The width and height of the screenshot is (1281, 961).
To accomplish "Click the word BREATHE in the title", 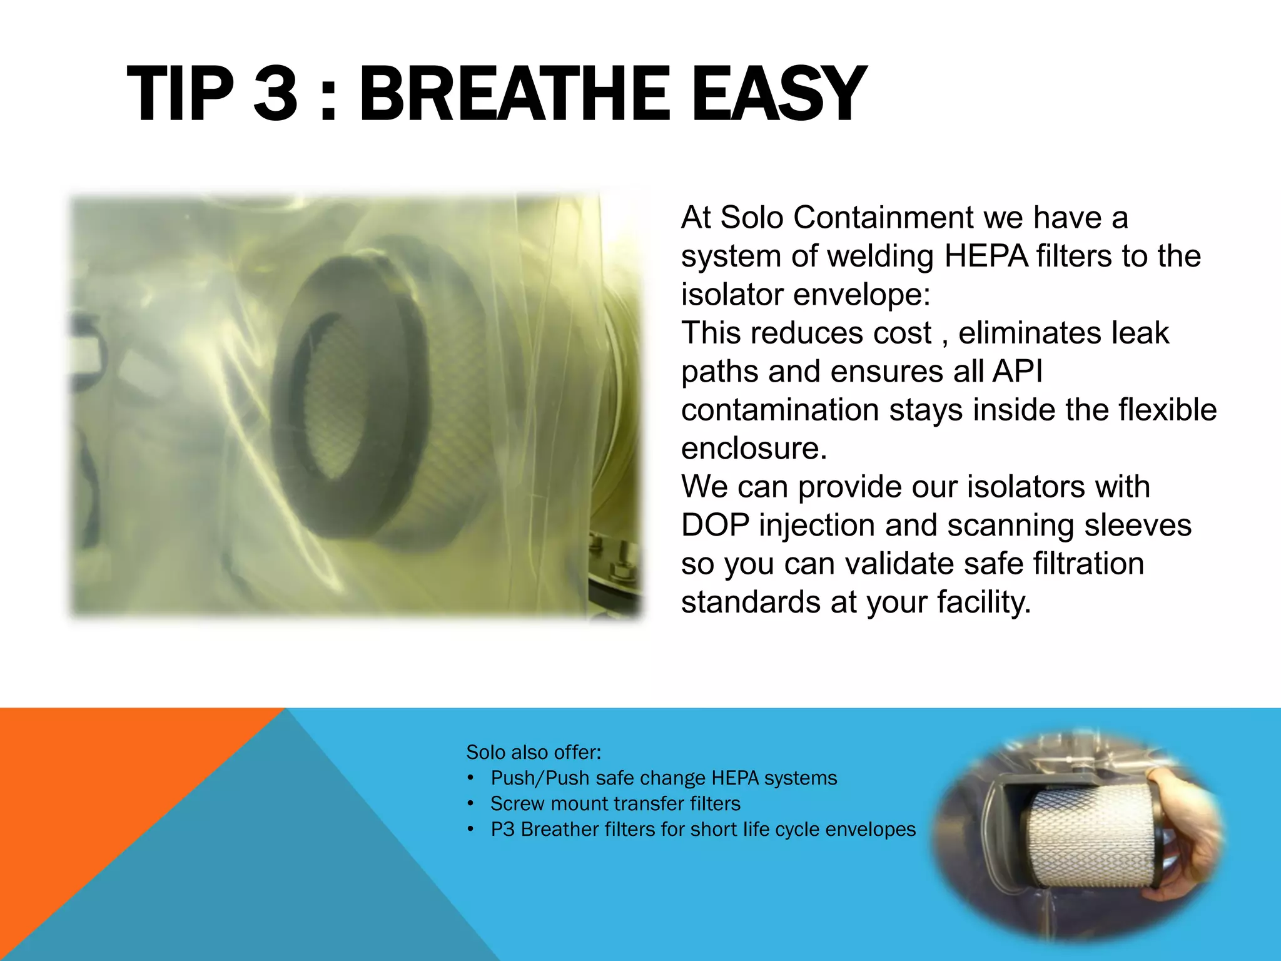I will point(514,95).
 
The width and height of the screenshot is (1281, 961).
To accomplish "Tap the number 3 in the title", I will point(275,95).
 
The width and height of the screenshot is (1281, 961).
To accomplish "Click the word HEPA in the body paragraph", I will point(986,257).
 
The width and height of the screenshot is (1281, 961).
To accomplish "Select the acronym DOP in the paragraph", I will point(715,526).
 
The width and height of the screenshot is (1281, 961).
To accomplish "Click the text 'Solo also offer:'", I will point(534,752).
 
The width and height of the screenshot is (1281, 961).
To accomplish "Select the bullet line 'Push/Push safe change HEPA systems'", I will point(663,778).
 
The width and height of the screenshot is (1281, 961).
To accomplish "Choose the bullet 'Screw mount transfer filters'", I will point(615,804).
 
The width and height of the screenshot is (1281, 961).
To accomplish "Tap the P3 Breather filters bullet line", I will point(702,830).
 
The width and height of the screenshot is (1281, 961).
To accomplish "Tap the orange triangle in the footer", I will point(94,813).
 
